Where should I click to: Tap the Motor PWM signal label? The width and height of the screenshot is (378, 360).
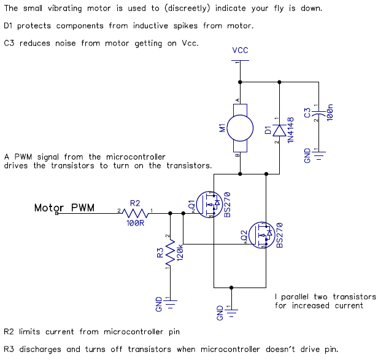point(64,208)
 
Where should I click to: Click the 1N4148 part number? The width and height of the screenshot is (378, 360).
point(291,130)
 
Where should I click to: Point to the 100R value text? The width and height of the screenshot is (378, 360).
point(136,223)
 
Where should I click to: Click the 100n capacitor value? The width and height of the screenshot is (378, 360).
point(330,112)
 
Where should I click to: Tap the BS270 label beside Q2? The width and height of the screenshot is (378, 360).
point(280,235)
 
